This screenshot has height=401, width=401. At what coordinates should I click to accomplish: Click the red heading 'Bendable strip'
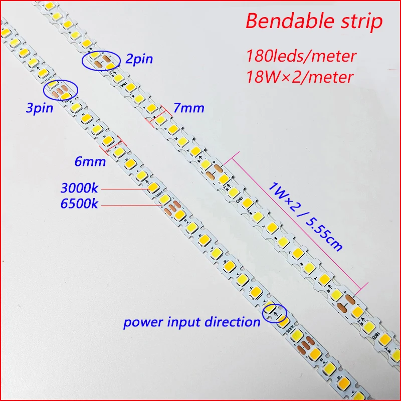coord(314,22)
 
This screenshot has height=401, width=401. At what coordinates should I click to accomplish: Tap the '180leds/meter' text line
coord(301,55)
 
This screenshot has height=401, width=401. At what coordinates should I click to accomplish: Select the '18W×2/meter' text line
coord(300,77)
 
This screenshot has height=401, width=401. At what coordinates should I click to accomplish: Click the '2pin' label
coord(139,60)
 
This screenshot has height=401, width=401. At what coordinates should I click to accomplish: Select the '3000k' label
coord(80,188)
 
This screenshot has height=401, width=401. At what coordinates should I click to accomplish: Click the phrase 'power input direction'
coord(192,322)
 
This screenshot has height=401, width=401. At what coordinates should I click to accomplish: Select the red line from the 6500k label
coord(132,205)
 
